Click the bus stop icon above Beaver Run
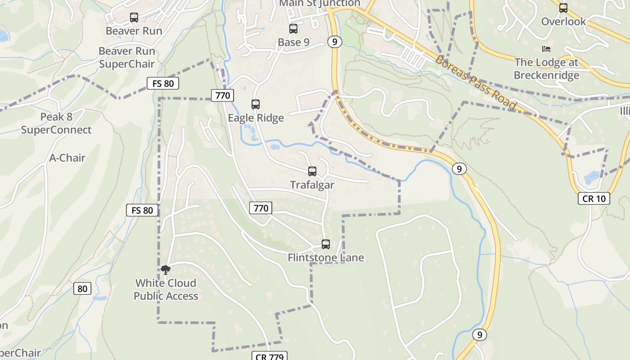tap(134, 18)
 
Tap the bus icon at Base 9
tap(293, 29)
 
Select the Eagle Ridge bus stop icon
tap(256, 104)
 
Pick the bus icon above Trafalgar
tap(312, 171)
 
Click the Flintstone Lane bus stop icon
tap(326, 244)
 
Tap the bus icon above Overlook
tap(563, 8)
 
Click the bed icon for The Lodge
tap(546, 49)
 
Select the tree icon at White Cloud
tap(166, 270)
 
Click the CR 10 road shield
tap(594, 198)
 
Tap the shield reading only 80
tap(82, 288)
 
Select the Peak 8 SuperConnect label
tap(56, 123)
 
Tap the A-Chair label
tap(67, 158)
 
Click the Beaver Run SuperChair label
tap(126, 58)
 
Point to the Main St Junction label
tap(320, 4)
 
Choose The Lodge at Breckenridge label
tap(546, 68)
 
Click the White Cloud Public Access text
tap(166, 289)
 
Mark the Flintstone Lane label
tap(326, 258)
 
